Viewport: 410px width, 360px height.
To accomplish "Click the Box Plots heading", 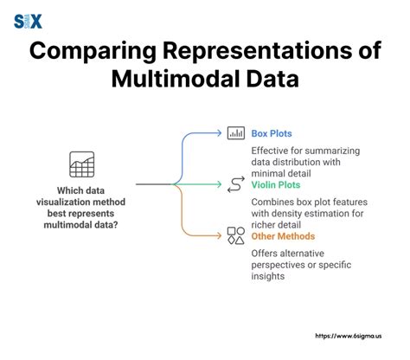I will pos(272,133).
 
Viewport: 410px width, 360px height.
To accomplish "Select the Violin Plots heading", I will pos(276,183).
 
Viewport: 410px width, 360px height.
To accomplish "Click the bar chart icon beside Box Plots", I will pos(234,133).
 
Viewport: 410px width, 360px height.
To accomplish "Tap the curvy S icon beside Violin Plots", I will pos(234,183).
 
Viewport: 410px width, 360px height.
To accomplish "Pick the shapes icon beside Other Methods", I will pos(234,234).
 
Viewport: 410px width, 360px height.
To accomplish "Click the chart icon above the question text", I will pos(81,164).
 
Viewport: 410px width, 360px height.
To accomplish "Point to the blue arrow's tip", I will pos(220,133).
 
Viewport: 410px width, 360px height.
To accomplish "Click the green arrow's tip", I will pos(220,183).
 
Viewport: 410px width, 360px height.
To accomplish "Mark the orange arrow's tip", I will pos(220,234).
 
